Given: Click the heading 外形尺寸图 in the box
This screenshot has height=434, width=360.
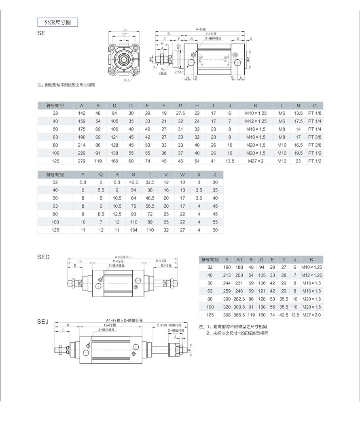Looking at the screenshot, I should [x=57, y=22].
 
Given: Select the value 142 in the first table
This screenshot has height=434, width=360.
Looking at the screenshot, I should [x=82, y=114].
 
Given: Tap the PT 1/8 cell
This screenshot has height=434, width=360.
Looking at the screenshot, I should [x=315, y=114].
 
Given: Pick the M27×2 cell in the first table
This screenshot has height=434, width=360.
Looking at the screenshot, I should [x=256, y=161].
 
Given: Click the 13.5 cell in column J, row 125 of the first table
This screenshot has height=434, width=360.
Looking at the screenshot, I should [x=230, y=161].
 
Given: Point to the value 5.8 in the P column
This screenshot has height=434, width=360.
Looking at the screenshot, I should [x=83, y=182].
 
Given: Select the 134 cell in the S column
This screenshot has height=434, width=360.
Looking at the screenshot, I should [x=133, y=230].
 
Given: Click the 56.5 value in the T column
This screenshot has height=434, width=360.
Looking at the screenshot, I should [x=150, y=206].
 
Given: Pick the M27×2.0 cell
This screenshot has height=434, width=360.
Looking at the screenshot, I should [x=311, y=315].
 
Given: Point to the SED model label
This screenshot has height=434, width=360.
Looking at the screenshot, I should [x=43, y=257].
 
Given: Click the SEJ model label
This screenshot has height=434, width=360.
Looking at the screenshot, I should [x=43, y=322].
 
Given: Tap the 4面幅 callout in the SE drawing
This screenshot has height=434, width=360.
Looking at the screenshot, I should [x=163, y=74].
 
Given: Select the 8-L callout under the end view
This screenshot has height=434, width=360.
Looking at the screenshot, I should [x=127, y=80].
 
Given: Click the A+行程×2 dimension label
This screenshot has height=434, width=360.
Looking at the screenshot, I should [x=123, y=257].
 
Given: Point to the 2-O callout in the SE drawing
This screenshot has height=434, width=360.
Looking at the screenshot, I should [x=178, y=72].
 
